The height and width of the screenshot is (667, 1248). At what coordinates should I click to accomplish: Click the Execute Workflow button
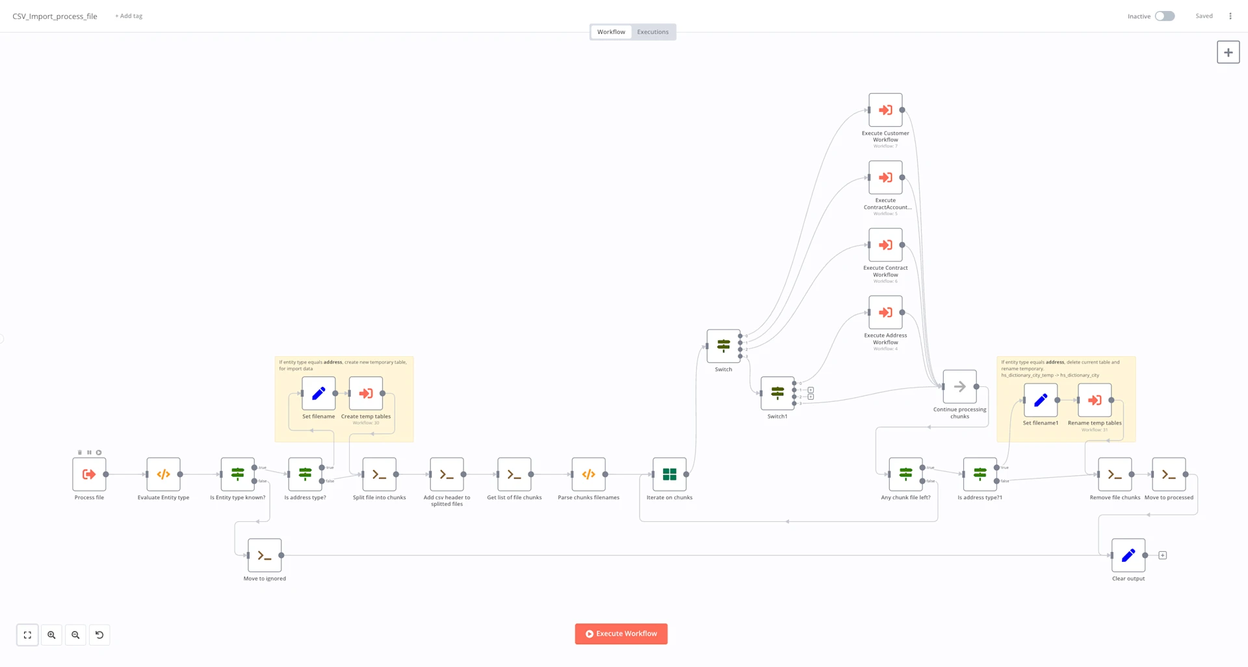pyautogui.click(x=621, y=634)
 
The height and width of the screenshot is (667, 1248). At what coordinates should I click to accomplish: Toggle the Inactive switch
pyautogui.click(x=1164, y=16)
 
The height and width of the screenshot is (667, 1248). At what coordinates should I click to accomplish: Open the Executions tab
pyautogui.click(x=653, y=32)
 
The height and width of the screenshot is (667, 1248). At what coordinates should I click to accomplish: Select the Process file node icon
pyautogui.click(x=89, y=475)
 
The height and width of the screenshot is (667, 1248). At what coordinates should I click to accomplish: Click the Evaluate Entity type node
pyautogui.click(x=163, y=475)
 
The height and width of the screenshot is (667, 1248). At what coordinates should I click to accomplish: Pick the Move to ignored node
pyautogui.click(x=265, y=555)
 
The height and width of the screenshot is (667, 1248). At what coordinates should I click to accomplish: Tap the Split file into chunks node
pyautogui.click(x=379, y=475)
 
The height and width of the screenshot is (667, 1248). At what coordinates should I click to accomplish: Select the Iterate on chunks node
pyautogui.click(x=669, y=475)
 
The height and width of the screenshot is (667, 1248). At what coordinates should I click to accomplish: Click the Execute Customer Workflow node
pyautogui.click(x=885, y=110)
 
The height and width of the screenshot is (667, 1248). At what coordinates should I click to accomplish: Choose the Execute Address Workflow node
pyautogui.click(x=885, y=313)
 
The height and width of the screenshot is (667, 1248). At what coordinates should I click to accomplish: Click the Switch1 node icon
pyautogui.click(x=777, y=393)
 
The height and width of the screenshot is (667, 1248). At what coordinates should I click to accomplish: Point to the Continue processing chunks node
pyautogui.click(x=959, y=387)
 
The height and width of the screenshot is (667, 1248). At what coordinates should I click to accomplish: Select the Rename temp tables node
pyautogui.click(x=1095, y=400)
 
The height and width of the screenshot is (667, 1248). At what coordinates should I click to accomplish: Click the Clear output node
pyautogui.click(x=1128, y=555)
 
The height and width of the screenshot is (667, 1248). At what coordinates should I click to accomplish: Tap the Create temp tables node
pyautogui.click(x=366, y=393)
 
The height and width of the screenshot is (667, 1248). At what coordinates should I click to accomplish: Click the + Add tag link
pyautogui.click(x=129, y=16)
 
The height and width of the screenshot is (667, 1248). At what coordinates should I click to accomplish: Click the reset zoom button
pyautogui.click(x=99, y=635)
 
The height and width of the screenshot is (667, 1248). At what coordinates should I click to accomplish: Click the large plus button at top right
pyautogui.click(x=1228, y=53)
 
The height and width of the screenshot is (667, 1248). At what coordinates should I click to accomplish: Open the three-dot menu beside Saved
pyautogui.click(x=1230, y=16)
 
